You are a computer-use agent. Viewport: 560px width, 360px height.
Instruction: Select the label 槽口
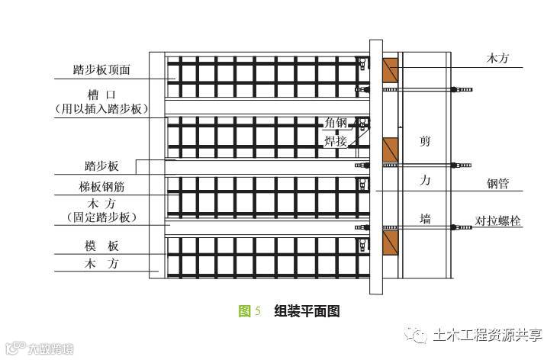click(102, 94)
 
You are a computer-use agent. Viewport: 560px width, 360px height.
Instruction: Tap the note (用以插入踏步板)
click(102, 108)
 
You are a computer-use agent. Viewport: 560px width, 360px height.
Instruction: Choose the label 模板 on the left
click(101, 246)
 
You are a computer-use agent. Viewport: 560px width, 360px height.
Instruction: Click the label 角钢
click(335, 123)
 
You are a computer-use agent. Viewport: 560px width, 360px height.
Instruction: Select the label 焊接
click(335, 140)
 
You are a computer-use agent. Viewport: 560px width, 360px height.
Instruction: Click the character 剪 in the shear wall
click(425, 141)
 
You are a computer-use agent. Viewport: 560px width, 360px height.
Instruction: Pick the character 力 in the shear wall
click(425, 181)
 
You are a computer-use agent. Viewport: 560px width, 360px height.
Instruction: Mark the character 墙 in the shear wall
click(425, 219)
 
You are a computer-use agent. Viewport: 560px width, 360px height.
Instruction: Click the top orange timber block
click(390, 69)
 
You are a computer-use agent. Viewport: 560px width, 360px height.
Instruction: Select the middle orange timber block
click(390, 149)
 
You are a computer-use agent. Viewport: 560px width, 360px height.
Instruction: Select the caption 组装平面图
click(307, 310)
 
